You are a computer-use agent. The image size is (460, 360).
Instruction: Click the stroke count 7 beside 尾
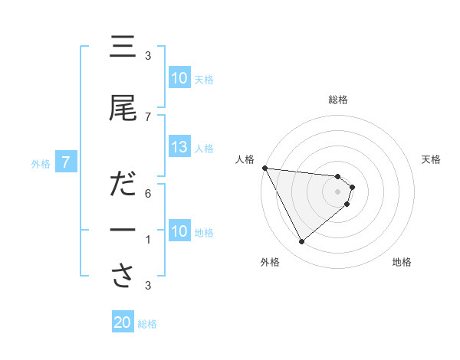148,116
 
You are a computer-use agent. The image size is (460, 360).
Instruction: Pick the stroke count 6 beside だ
148,194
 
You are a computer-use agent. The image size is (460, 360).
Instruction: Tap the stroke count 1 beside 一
148,240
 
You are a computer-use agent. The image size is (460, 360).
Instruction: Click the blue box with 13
179,148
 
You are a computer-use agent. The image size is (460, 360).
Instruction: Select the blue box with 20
123,322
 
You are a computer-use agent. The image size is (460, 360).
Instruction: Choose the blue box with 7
66,162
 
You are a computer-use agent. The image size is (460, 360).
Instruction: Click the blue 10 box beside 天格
179,78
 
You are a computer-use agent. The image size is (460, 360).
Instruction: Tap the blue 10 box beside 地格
179,231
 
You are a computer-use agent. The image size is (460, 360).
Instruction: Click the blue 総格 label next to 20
147,323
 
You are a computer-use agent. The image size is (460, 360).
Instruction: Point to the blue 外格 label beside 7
40,163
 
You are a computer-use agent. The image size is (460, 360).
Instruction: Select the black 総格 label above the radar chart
338,100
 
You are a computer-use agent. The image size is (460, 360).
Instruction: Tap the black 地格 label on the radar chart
401,263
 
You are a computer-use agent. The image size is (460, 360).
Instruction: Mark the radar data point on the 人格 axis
264,168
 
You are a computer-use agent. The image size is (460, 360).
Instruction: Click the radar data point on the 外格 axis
301,242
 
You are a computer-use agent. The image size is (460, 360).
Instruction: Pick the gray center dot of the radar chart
338,191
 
